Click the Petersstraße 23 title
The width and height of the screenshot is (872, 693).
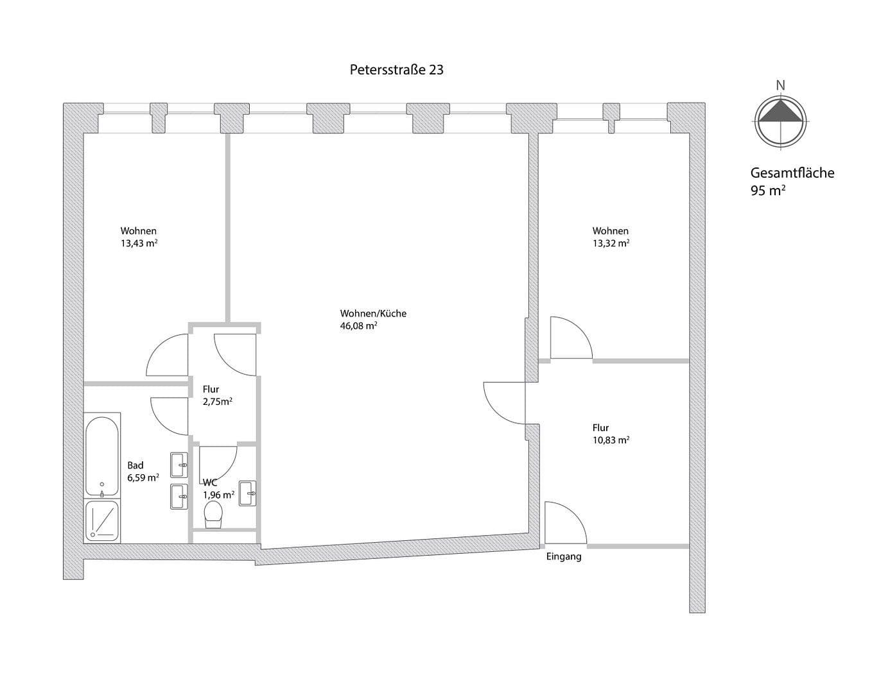[x=396, y=69]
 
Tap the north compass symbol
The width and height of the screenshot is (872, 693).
[x=780, y=121]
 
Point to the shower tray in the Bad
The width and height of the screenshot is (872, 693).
[x=102, y=520]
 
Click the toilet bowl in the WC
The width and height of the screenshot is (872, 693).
[x=213, y=515]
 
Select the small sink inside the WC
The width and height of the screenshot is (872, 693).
[x=248, y=493]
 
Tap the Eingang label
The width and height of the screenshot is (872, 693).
[x=564, y=556]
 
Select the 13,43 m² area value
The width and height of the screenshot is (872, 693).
[x=139, y=243]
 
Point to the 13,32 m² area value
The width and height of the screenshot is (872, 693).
[x=611, y=243]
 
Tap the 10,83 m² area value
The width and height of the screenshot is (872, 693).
[x=611, y=440]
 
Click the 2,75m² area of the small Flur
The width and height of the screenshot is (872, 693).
[x=217, y=402]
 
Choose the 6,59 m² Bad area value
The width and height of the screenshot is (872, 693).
[x=143, y=477]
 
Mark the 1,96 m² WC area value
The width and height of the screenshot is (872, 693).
[x=218, y=495]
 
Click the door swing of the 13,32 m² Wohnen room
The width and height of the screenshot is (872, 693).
[x=570, y=339]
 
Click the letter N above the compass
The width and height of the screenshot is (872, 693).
[x=780, y=85]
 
